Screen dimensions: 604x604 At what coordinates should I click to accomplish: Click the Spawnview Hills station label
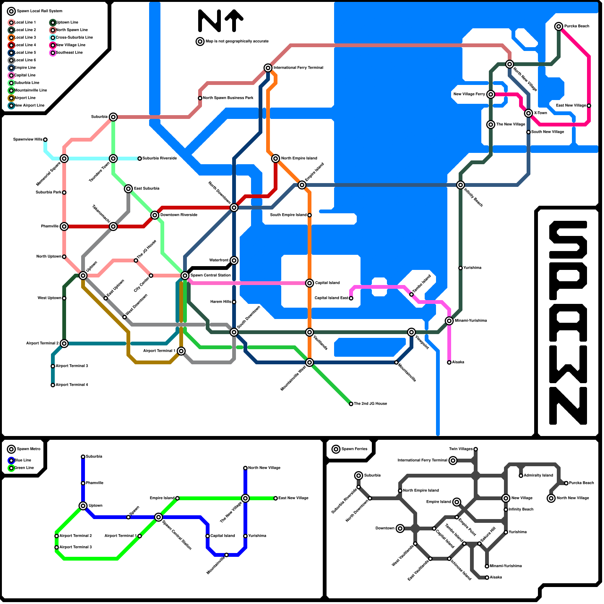click(x=28, y=140)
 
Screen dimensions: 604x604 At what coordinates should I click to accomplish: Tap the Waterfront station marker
click(x=234, y=260)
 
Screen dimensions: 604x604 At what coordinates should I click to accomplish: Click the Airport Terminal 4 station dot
click(x=53, y=385)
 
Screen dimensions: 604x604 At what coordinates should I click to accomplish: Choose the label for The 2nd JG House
click(x=370, y=404)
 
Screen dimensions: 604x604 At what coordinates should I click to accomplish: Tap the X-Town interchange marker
click(x=528, y=113)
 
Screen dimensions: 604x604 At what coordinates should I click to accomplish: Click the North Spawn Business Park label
click(x=228, y=98)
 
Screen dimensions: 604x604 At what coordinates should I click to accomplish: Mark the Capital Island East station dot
click(x=351, y=298)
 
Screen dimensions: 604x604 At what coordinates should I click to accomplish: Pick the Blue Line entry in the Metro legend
click(x=23, y=461)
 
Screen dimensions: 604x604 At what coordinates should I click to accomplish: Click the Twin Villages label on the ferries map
click(x=461, y=449)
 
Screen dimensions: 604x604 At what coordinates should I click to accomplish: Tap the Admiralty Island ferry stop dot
click(x=521, y=476)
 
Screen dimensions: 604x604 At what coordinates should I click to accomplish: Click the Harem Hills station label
click(x=221, y=302)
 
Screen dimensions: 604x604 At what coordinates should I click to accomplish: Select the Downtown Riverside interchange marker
click(x=155, y=215)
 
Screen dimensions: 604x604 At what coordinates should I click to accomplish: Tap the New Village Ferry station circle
click(x=491, y=94)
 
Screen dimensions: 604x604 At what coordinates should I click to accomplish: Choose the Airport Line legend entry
click(x=25, y=98)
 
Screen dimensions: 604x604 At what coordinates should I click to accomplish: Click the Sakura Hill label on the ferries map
click(x=488, y=535)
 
